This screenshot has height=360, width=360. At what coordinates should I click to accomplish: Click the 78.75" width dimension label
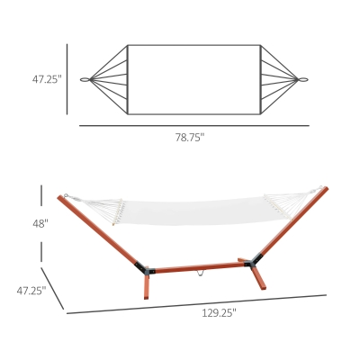click(x=189, y=138)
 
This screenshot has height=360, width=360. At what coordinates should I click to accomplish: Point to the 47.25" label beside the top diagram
click(x=46, y=79)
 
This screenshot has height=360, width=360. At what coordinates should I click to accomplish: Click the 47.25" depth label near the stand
click(x=31, y=291)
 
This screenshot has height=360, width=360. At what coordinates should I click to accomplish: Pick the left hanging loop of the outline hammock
click(x=86, y=79)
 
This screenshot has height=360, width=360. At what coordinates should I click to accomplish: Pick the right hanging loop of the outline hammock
click(x=301, y=79)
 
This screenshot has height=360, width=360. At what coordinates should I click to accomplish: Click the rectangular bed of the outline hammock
click(x=193, y=79)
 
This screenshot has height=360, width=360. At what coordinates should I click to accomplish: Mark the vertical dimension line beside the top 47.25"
click(x=67, y=79)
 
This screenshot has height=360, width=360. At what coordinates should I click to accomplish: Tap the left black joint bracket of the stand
click(x=142, y=267)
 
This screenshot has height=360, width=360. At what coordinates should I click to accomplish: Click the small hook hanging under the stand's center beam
click(x=201, y=274)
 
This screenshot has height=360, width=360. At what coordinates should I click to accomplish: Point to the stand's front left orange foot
click(x=145, y=288)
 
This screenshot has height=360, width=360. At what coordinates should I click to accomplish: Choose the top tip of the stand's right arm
click(x=325, y=189)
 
